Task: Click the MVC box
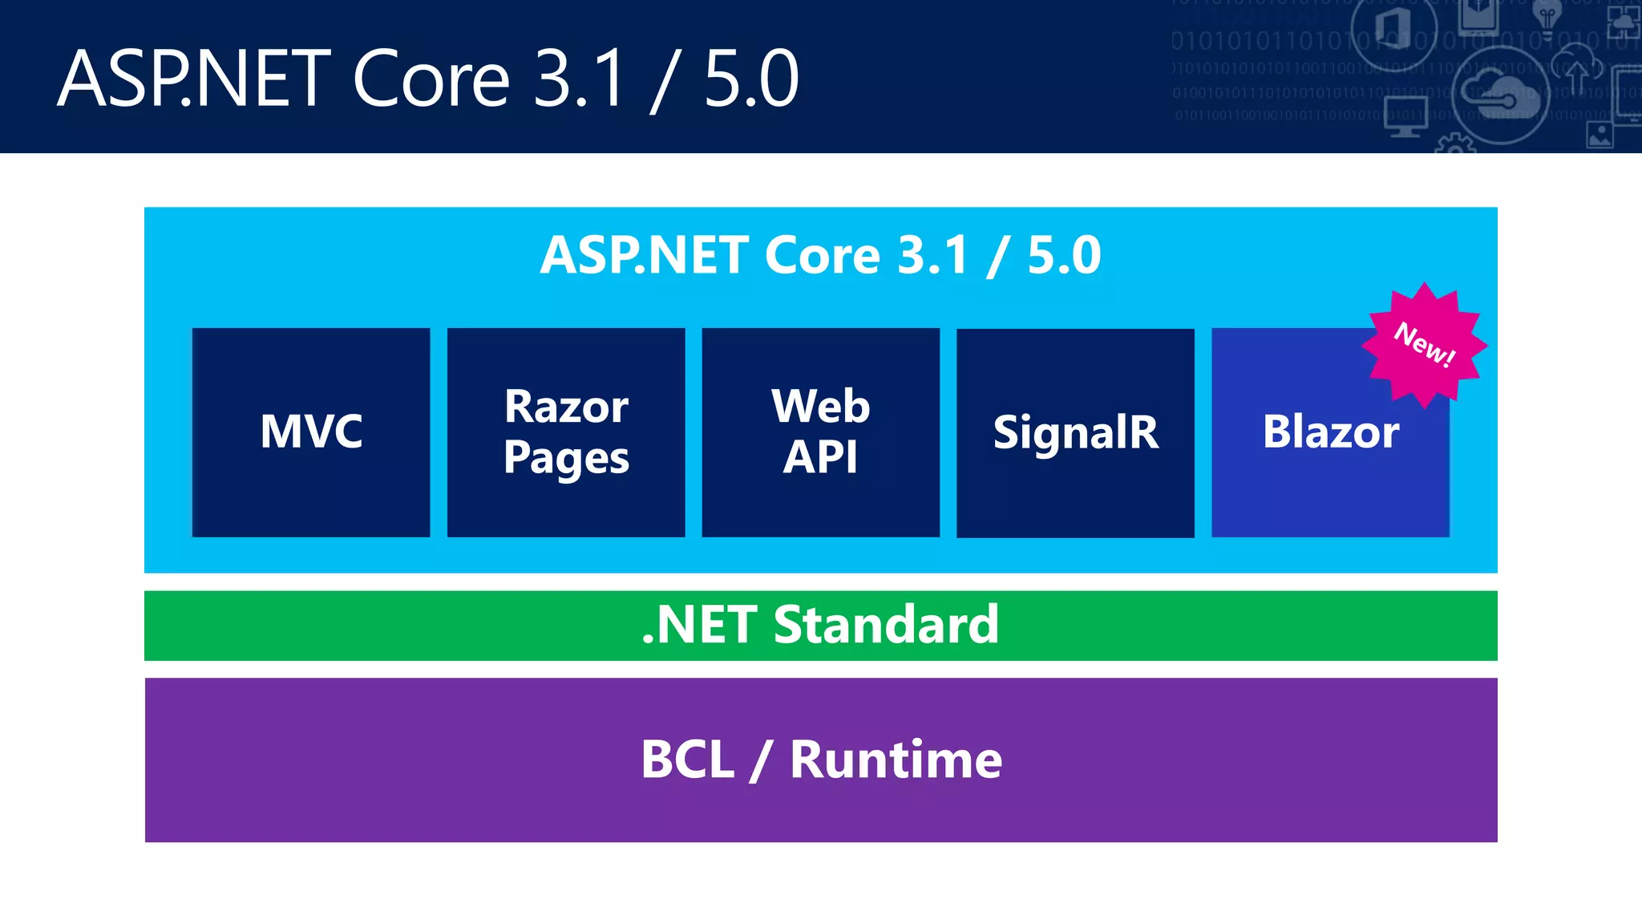click(x=311, y=432)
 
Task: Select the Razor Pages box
click(x=566, y=432)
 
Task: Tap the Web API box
click(x=820, y=432)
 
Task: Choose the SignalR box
click(x=1075, y=432)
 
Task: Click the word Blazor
click(x=1331, y=432)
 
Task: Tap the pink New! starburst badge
click(x=1425, y=345)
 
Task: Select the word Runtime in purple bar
click(x=896, y=760)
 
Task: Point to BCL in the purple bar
click(x=687, y=760)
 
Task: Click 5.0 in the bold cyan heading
click(x=1064, y=255)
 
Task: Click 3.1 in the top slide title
click(x=579, y=79)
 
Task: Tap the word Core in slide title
click(x=431, y=79)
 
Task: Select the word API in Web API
click(x=820, y=457)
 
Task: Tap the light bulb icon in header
click(x=1547, y=18)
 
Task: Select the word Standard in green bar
click(x=886, y=625)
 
